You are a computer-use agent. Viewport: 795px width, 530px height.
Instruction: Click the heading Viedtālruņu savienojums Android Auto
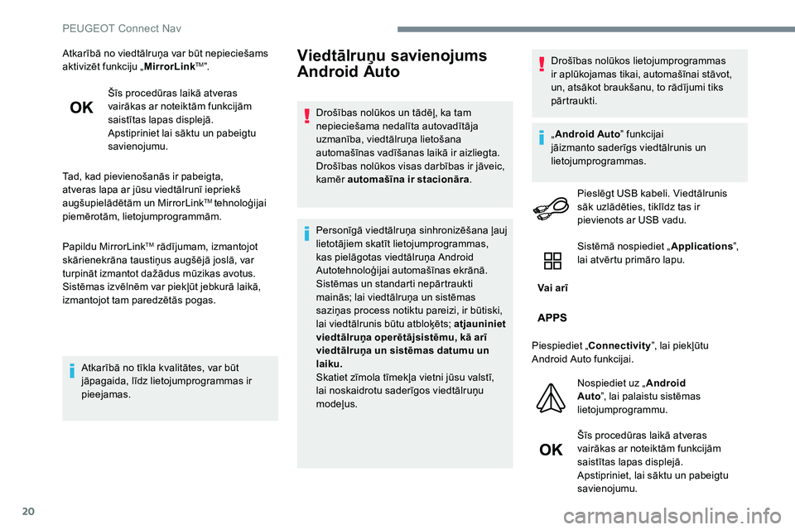pyautogui.click(x=392, y=64)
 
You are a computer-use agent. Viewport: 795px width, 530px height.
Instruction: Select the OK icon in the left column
pyautogui.click(x=81, y=108)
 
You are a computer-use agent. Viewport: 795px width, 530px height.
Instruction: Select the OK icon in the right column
pyautogui.click(x=551, y=450)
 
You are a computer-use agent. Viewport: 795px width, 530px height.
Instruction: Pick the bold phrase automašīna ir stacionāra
pyautogui.click(x=408, y=180)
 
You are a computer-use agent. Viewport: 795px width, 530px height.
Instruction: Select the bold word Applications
pyautogui.click(x=698, y=247)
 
